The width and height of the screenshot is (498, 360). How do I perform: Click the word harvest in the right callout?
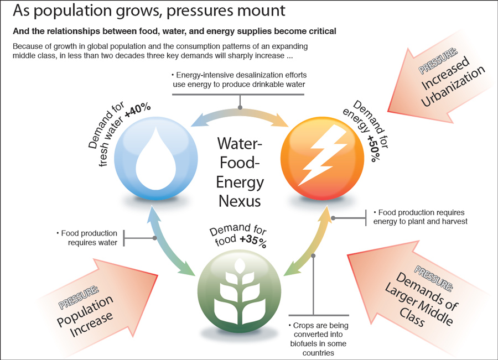454,222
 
